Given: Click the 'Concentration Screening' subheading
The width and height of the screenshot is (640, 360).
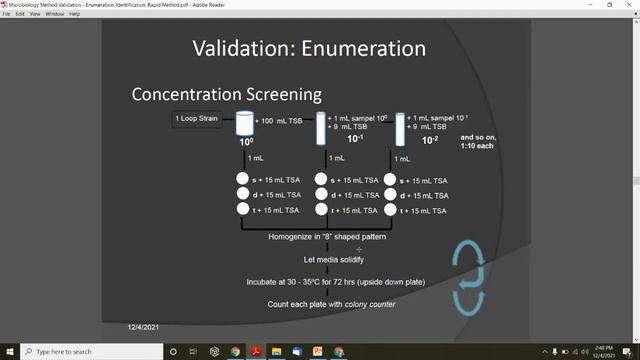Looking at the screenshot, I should pyautogui.click(x=227, y=94).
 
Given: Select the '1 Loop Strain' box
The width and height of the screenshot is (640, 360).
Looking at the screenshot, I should pyautogui.click(x=198, y=120).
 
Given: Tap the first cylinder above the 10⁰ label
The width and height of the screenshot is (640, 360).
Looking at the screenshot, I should pyautogui.click(x=243, y=124).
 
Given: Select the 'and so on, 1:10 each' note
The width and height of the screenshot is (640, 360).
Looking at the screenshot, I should pyautogui.click(x=477, y=141).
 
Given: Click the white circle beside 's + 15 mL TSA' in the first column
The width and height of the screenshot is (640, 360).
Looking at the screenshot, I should pyautogui.click(x=243, y=180).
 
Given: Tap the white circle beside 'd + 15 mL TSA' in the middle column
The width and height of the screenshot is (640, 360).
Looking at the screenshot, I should pyautogui.click(x=322, y=195).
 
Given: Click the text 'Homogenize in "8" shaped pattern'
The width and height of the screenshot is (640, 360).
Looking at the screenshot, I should pyautogui.click(x=327, y=237).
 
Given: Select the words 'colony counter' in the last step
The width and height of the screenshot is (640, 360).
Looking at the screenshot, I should pyautogui.click(x=371, y=304).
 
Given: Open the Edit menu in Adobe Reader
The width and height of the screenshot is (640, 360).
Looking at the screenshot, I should pyautogui.click(x=20, y=14).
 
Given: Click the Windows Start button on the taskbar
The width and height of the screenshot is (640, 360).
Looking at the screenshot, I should pyautogui.click(x=9, y=352).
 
